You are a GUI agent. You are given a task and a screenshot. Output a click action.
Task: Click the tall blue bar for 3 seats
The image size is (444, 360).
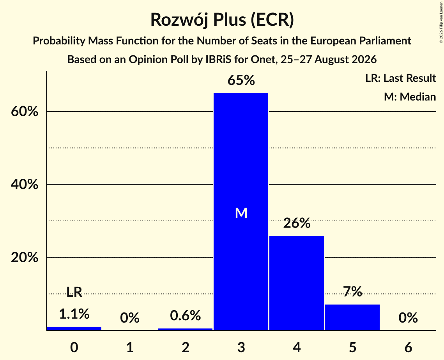241,212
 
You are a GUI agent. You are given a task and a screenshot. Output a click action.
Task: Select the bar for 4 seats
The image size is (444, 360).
297,283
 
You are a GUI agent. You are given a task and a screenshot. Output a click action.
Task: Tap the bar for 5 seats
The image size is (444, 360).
352,317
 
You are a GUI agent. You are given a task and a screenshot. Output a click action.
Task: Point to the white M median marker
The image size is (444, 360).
241,213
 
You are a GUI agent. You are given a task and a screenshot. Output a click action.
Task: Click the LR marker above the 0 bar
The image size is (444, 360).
74,292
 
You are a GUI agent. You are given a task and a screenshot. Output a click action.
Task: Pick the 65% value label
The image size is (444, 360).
241,80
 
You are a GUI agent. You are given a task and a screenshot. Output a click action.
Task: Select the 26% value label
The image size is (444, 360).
297,223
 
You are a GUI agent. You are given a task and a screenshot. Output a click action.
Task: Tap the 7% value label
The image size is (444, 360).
352,291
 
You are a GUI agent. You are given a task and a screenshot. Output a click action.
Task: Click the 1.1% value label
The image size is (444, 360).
74,314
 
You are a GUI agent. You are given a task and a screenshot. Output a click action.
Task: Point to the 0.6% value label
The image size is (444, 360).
186,316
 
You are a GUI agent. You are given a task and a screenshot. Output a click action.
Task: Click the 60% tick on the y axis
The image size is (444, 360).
25,111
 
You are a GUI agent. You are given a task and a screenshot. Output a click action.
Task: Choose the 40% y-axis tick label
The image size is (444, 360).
25,185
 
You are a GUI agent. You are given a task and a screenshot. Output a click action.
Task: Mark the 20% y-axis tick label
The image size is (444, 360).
25,258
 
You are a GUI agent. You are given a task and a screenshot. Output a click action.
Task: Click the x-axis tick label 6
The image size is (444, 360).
408,347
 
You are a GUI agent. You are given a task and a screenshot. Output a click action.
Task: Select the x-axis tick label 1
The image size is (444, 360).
130,347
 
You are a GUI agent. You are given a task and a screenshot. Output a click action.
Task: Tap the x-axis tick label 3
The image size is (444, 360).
241,347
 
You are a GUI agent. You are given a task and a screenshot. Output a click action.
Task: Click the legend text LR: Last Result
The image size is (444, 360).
400,78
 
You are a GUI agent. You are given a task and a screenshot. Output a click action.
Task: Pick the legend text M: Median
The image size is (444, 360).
410,97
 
